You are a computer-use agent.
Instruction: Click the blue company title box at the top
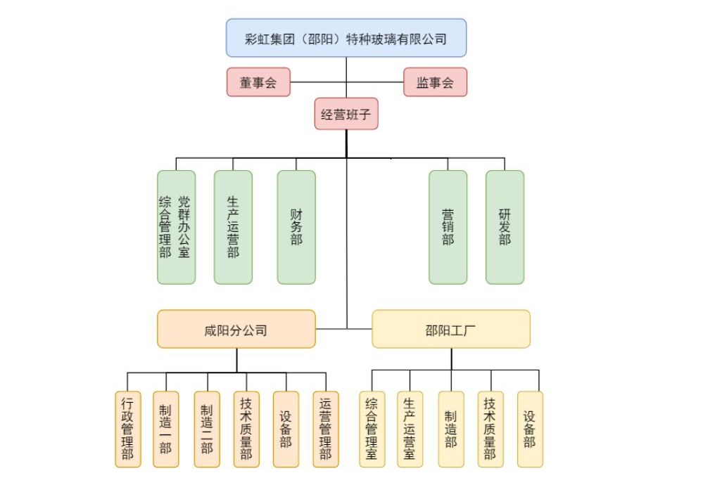[346, 38]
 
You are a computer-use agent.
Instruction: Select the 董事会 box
[258, 82]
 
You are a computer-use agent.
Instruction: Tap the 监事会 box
[435, 82]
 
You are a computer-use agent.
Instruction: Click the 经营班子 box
[346, 114]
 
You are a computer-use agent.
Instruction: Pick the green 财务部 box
[296, 227]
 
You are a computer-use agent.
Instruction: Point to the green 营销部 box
[448, 227]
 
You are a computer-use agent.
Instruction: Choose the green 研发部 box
[505, 227]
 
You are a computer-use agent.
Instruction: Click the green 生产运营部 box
[233, 227]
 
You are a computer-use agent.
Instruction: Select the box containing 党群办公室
[177, 227]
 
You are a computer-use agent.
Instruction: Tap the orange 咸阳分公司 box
[236, 329]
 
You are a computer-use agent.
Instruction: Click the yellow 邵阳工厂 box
[450, 329]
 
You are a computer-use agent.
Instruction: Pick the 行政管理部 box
[127, 429]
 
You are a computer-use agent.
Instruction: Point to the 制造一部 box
[165, 429]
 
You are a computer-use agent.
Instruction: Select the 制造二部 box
[207, 429]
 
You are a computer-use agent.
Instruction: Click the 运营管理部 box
[325, 429]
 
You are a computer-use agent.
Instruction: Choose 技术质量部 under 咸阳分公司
[246, 429]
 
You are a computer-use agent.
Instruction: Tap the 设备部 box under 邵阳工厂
[530, 429]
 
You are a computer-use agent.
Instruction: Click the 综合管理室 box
[372, 429]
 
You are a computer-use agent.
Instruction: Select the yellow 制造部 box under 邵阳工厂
[450, 429]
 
